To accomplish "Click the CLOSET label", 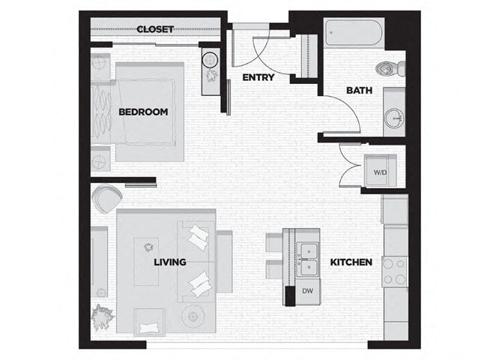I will (155, 29).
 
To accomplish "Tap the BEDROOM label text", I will (143, 112).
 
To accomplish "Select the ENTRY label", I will (258, 77).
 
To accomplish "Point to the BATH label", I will (359, 91).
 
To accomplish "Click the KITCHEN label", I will (351, 262).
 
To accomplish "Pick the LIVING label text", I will (170, 262).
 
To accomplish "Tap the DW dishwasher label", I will (307, 290).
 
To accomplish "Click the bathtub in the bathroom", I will (354, 34).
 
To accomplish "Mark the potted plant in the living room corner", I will (100, 318).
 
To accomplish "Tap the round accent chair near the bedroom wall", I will (106, 199).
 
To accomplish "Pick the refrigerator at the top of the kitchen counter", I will (394, 209).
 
